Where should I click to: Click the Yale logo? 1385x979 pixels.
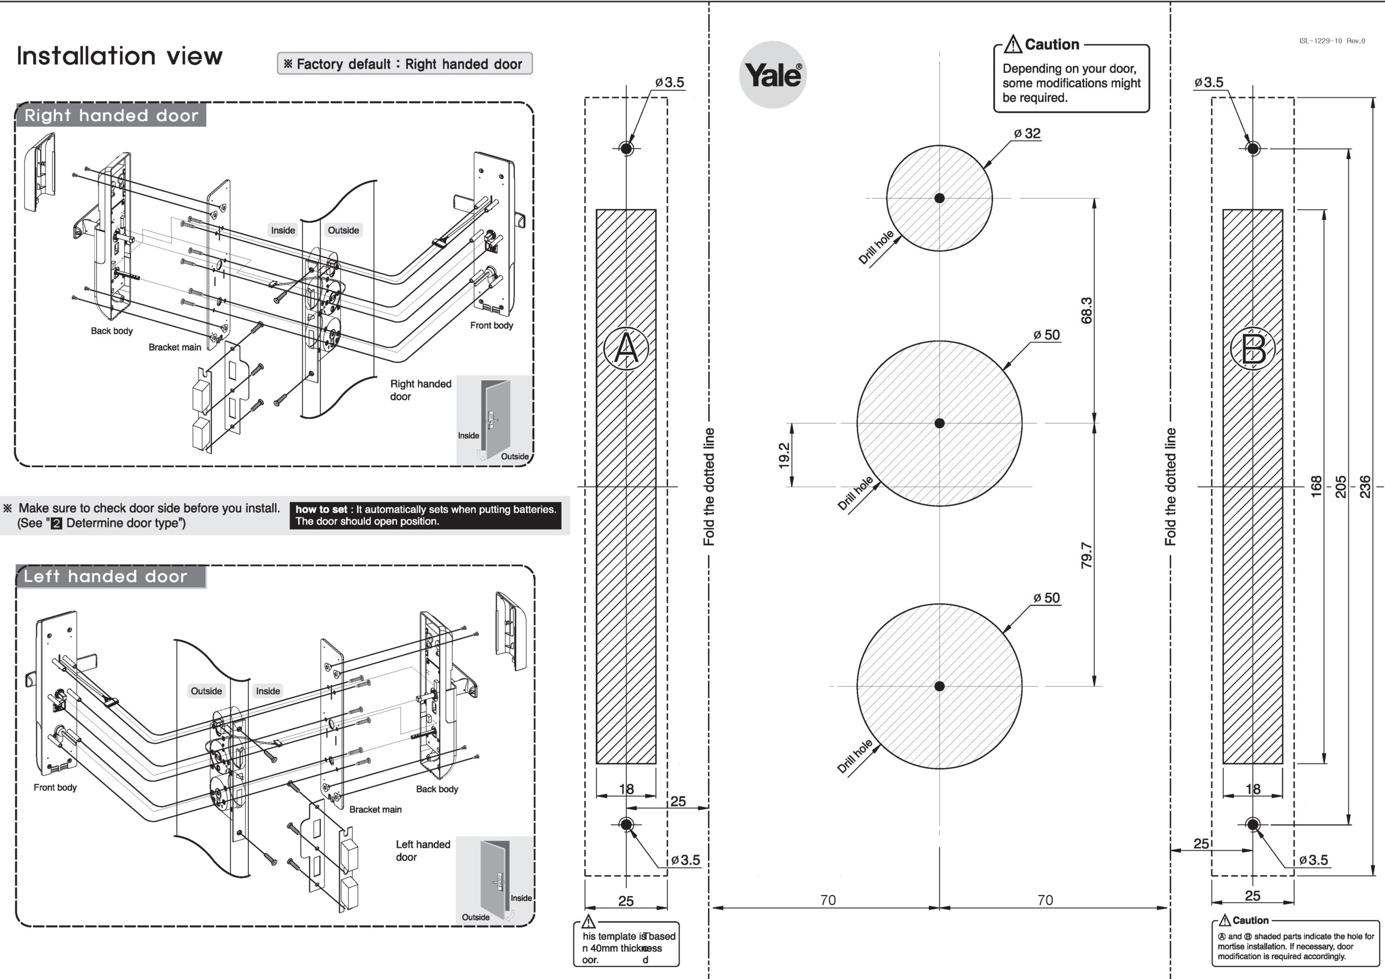pos(773,75)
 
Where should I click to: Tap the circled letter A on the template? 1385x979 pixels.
pos(626,348)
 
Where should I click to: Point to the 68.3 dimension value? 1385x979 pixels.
pos(1086,310)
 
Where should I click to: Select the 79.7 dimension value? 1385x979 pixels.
pos(1086,555)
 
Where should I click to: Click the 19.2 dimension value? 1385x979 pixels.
pos(783,455)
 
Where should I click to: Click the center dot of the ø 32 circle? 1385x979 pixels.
pos(939,198)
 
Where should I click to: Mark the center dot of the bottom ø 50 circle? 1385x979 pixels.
pos(939,686)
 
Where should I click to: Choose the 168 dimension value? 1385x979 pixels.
pos(1316,487)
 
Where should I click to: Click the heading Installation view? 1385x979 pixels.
pos(120,56)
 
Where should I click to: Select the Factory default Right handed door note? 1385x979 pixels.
pos(404,64)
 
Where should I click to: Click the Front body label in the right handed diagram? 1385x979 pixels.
pos(492,326)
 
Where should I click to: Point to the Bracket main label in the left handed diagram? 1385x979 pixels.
pos(375,810)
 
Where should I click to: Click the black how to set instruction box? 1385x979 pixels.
pos(425,515)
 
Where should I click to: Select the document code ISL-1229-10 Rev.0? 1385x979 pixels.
pos(1332,41)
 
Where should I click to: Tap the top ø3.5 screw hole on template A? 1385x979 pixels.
pos(626,148)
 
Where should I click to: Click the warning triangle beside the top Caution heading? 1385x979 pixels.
pos(1013,45)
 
